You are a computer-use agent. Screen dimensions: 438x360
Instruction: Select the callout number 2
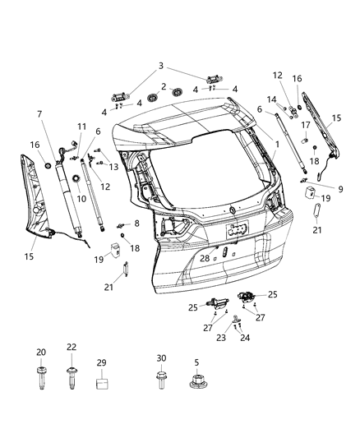click(x=164, y=86)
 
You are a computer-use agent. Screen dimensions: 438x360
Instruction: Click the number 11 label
click(x=81, y=126)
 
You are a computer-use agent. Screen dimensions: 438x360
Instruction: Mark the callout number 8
click(x=136, y=223)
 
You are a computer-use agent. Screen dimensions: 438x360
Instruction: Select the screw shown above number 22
click(x=72, y=380)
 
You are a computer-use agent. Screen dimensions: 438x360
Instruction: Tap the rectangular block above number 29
click(x=102, y=381)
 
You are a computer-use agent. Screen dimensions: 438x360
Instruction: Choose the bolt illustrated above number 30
click(x=161, y=380)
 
